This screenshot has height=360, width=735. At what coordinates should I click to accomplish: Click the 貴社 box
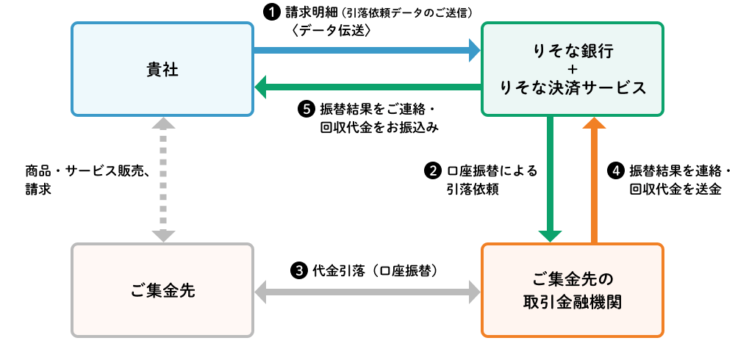coord(162,69)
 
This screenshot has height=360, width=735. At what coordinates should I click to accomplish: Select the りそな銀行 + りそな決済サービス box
coord(572,69)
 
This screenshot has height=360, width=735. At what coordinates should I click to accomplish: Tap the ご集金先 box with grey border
coord(162,290)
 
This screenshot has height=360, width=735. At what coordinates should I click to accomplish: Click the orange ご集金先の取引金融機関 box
coord(572,290)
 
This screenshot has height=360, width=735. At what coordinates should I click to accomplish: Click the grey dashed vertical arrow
coord(162,179)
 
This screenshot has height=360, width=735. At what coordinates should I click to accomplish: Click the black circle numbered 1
coord(270,12)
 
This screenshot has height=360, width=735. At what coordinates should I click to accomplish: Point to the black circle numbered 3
coord(298,270)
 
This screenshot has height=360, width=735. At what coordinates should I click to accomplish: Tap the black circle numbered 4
coord(616,170)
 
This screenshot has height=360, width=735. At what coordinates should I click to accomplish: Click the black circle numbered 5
coord(305,109)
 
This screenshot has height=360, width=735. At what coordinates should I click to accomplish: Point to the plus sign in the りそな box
coord(572,69)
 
